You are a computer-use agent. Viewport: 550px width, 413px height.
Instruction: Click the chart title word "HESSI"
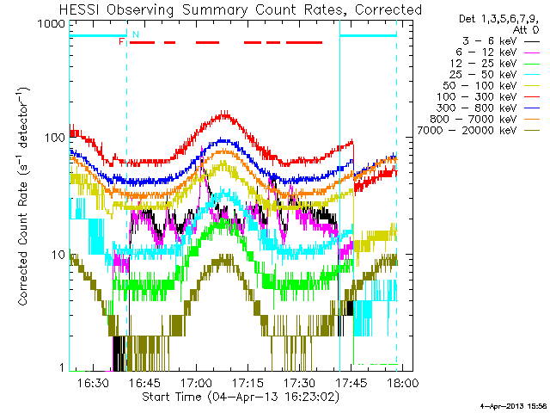[x=80, y=9]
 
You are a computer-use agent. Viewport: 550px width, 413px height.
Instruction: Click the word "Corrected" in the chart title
[x=388, y=9]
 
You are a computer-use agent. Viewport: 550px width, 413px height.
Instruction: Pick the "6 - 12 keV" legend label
[x=486, y=52]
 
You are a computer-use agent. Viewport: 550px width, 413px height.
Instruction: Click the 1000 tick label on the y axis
[x=52, y=24]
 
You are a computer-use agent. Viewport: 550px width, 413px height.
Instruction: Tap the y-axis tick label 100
[x=55, y=138]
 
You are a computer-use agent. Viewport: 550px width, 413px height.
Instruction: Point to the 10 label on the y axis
[x=58, y=255]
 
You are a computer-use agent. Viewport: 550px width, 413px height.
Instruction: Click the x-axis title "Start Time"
[x=172, y=397]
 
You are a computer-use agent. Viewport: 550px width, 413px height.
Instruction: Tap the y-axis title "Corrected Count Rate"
[x=22, y=243]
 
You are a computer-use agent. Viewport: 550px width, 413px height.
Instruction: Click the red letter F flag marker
[x=121, y=42]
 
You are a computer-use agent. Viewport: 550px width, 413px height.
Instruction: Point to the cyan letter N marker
[x=136, y=34]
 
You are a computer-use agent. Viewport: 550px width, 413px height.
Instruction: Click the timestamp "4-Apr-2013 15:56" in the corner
[x=515, y=406]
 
